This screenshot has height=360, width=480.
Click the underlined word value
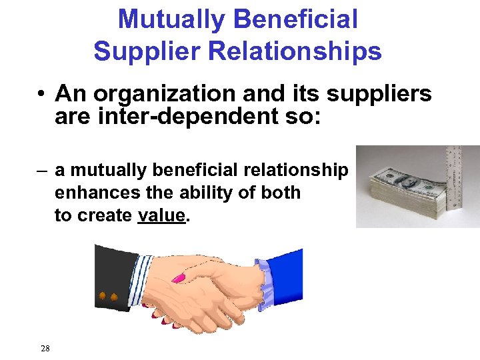[x=161, y=216]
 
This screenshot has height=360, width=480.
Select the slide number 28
[x=45, y=348]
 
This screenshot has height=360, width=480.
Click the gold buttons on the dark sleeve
[x=108, y=295]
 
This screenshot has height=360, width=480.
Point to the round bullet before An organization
[x=41, y=95]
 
